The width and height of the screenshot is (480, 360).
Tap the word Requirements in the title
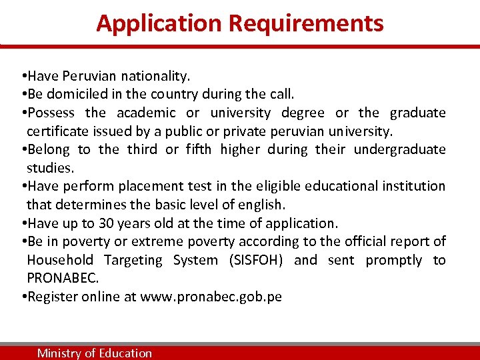click(306, 23)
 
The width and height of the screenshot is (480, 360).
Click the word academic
click(146, 113)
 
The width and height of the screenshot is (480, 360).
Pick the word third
click(142, 149)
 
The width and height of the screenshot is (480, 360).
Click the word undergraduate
click(399, 149)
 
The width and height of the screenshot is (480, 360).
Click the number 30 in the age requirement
click(107, 223)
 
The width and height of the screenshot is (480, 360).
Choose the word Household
click(61, 260)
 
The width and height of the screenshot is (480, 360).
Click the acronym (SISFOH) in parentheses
click(255, 260)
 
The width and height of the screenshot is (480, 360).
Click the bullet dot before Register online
click(23, 297)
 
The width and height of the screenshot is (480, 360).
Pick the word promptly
click(393, 260)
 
